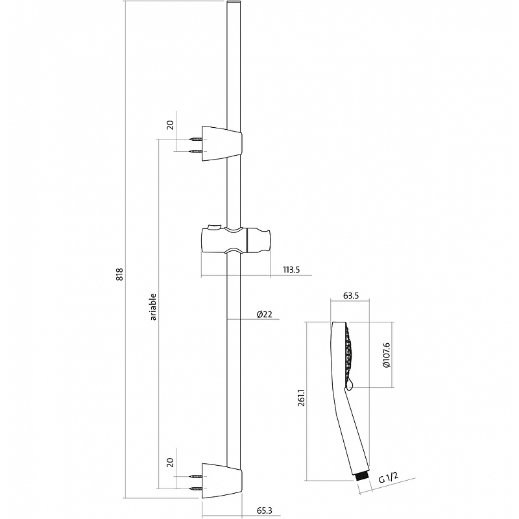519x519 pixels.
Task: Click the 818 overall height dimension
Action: tap(119, 274)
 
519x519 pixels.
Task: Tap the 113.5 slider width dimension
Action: tap(291, 270)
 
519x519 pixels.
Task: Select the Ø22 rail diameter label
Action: tap(265, 314)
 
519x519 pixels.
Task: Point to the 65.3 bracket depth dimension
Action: tap(265, 511)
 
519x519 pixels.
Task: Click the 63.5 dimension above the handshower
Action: tap(351, 296)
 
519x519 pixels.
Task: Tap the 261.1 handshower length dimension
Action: tap(301, 398)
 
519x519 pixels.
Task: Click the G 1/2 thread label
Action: tap(388, 478)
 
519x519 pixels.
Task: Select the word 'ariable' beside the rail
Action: tap(153, 306)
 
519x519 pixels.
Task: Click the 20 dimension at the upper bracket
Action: tap(170, 125)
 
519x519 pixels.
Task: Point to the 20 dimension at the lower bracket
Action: tap(170, 463)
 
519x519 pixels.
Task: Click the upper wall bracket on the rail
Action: tap(222, 143)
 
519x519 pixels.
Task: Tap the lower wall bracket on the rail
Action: tap(222, 481)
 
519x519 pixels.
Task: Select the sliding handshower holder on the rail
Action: tap(236, 239)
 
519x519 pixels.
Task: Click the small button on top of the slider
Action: tap(213, 226)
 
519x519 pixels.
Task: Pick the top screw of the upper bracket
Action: tap(195, 139)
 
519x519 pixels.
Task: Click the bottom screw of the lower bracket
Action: tap(195, 489)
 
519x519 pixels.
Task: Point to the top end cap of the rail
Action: tap(234, 3)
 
